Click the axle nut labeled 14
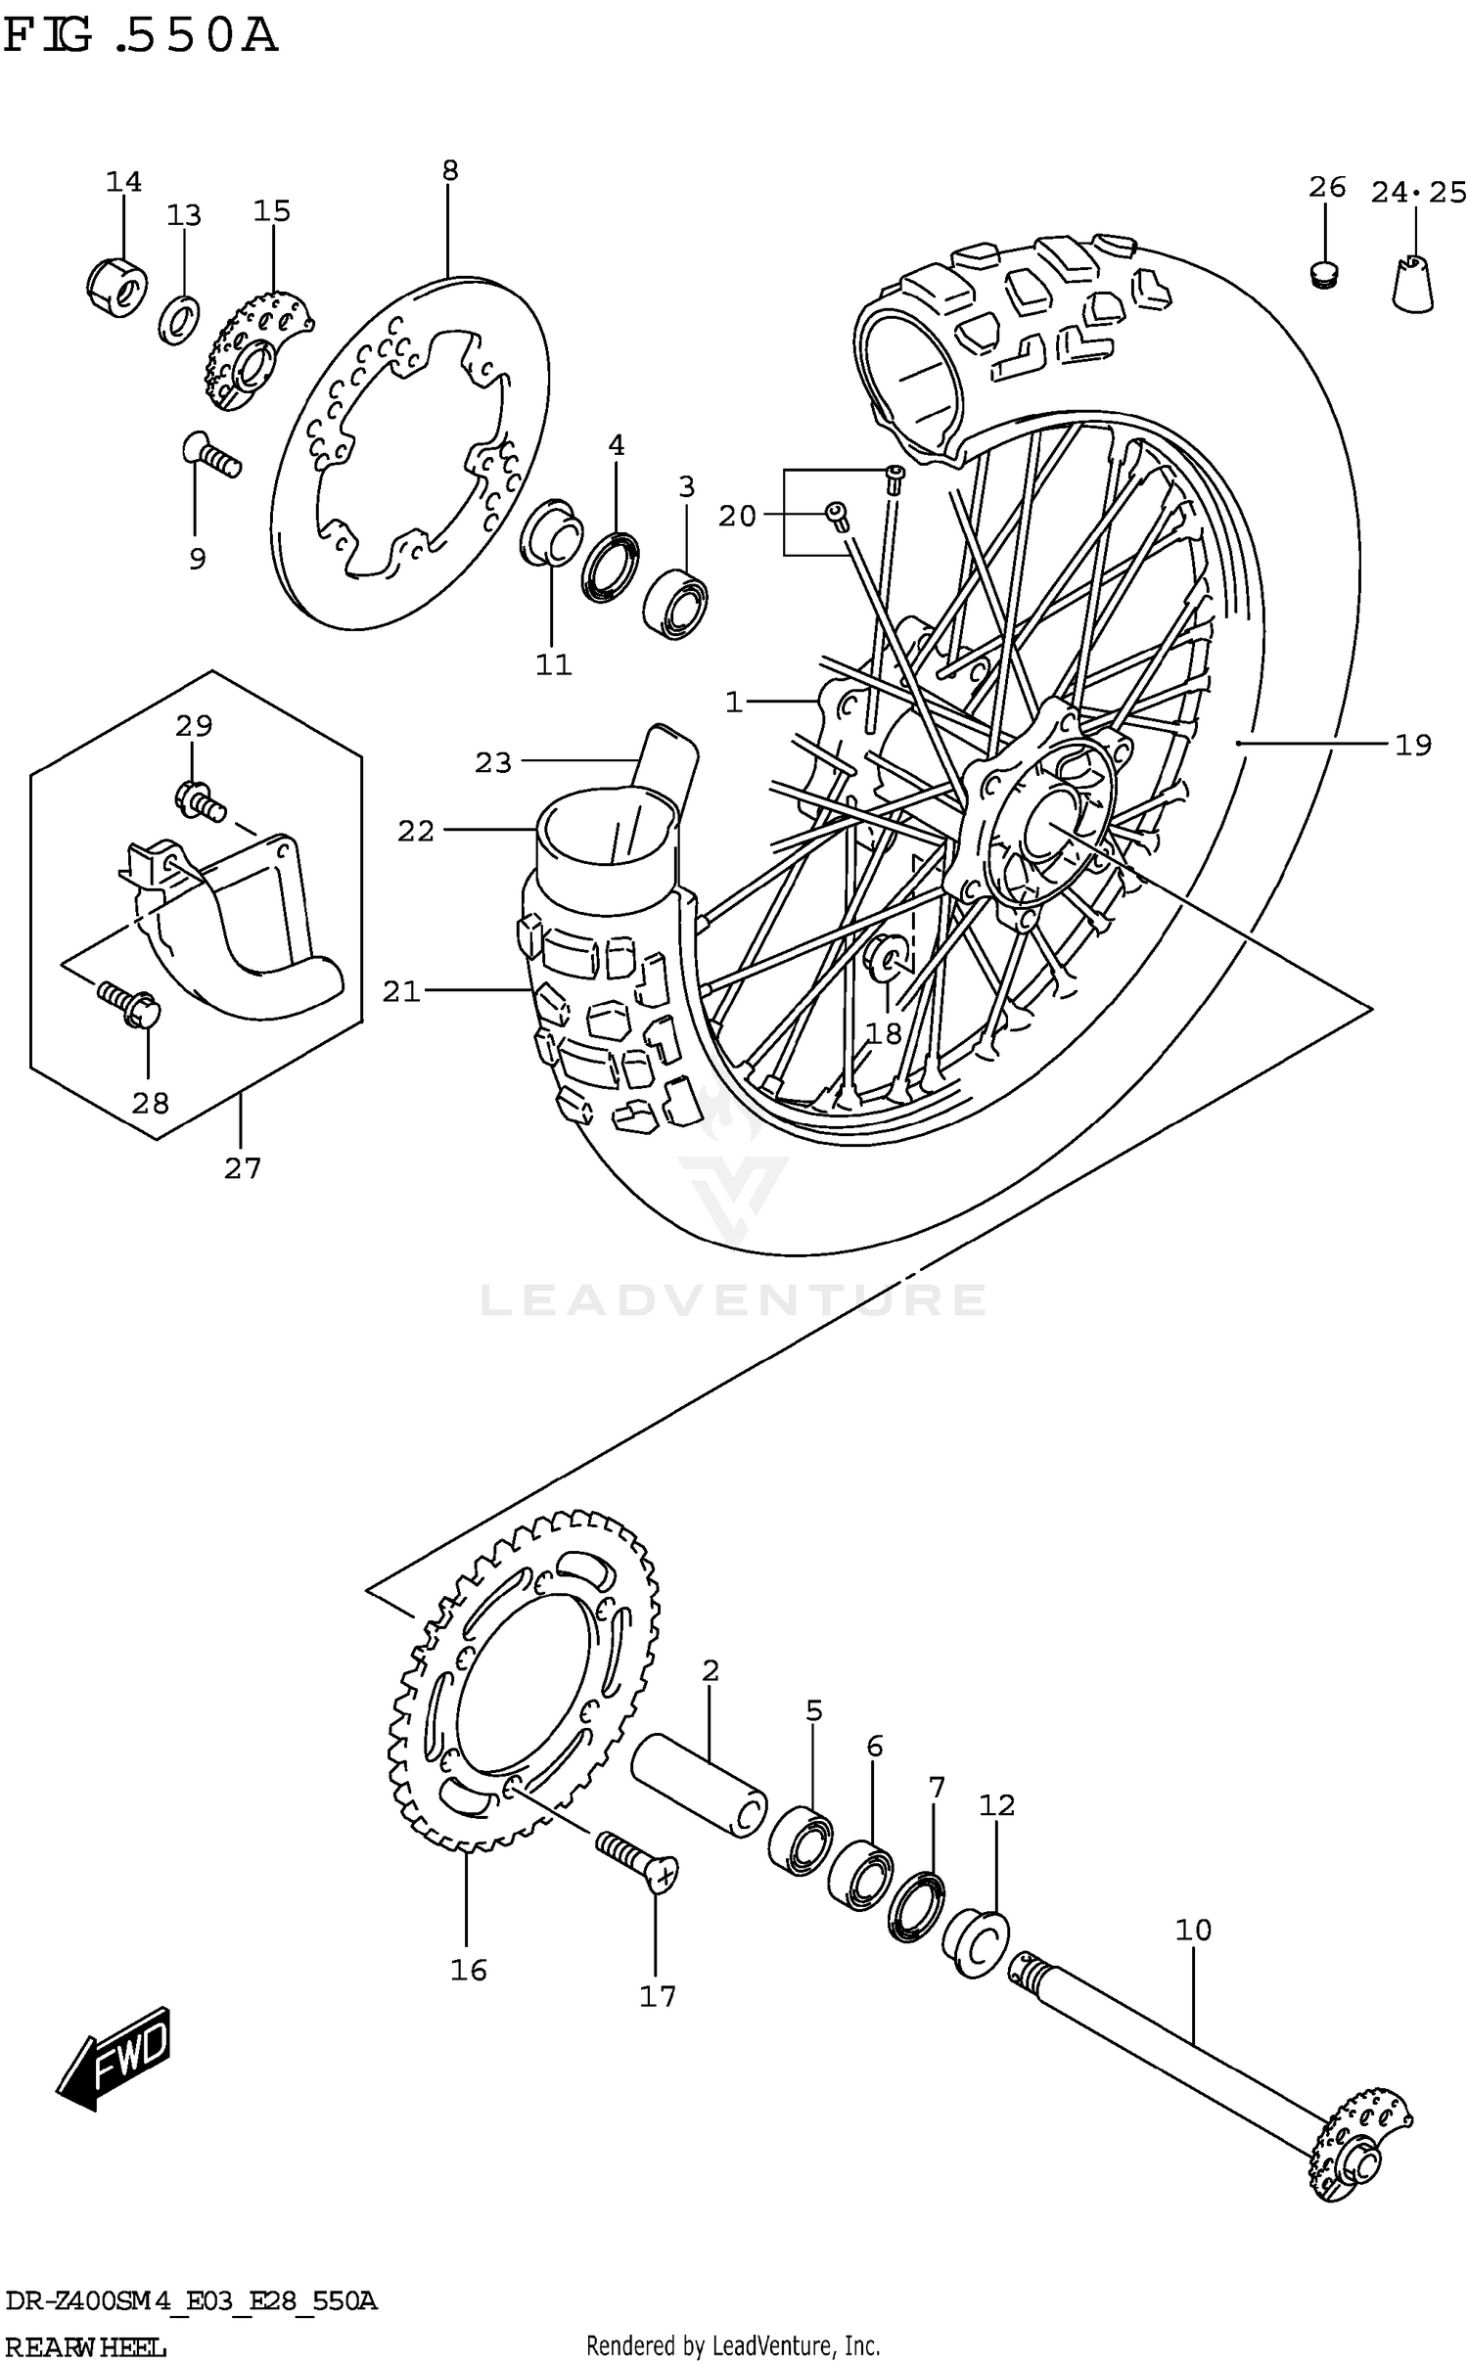[114, 286]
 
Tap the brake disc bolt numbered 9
[210, 456]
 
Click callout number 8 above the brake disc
[449, 171]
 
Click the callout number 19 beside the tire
[1412, 746]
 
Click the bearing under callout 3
[676, 604]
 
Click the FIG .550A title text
[140, 37]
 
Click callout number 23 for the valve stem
[493, 762]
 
